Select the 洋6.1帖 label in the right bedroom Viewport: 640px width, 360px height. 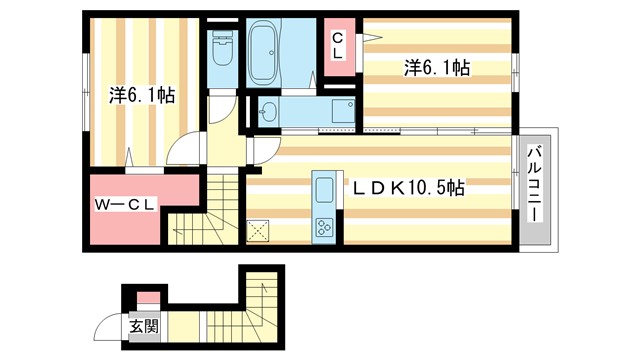pos(437,68)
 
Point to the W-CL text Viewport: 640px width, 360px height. pos(124,205)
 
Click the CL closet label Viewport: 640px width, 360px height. pos(338,46)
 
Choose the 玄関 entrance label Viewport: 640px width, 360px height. pos(142,326)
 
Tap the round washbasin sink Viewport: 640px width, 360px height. pos(267,113)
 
